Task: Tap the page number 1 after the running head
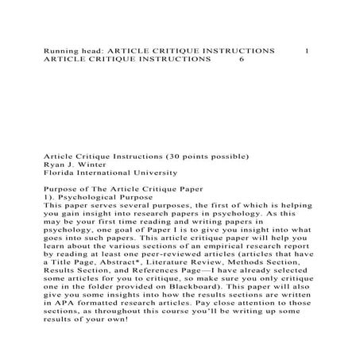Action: click(307, 49)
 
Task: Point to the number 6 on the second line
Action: click(242, 59)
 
